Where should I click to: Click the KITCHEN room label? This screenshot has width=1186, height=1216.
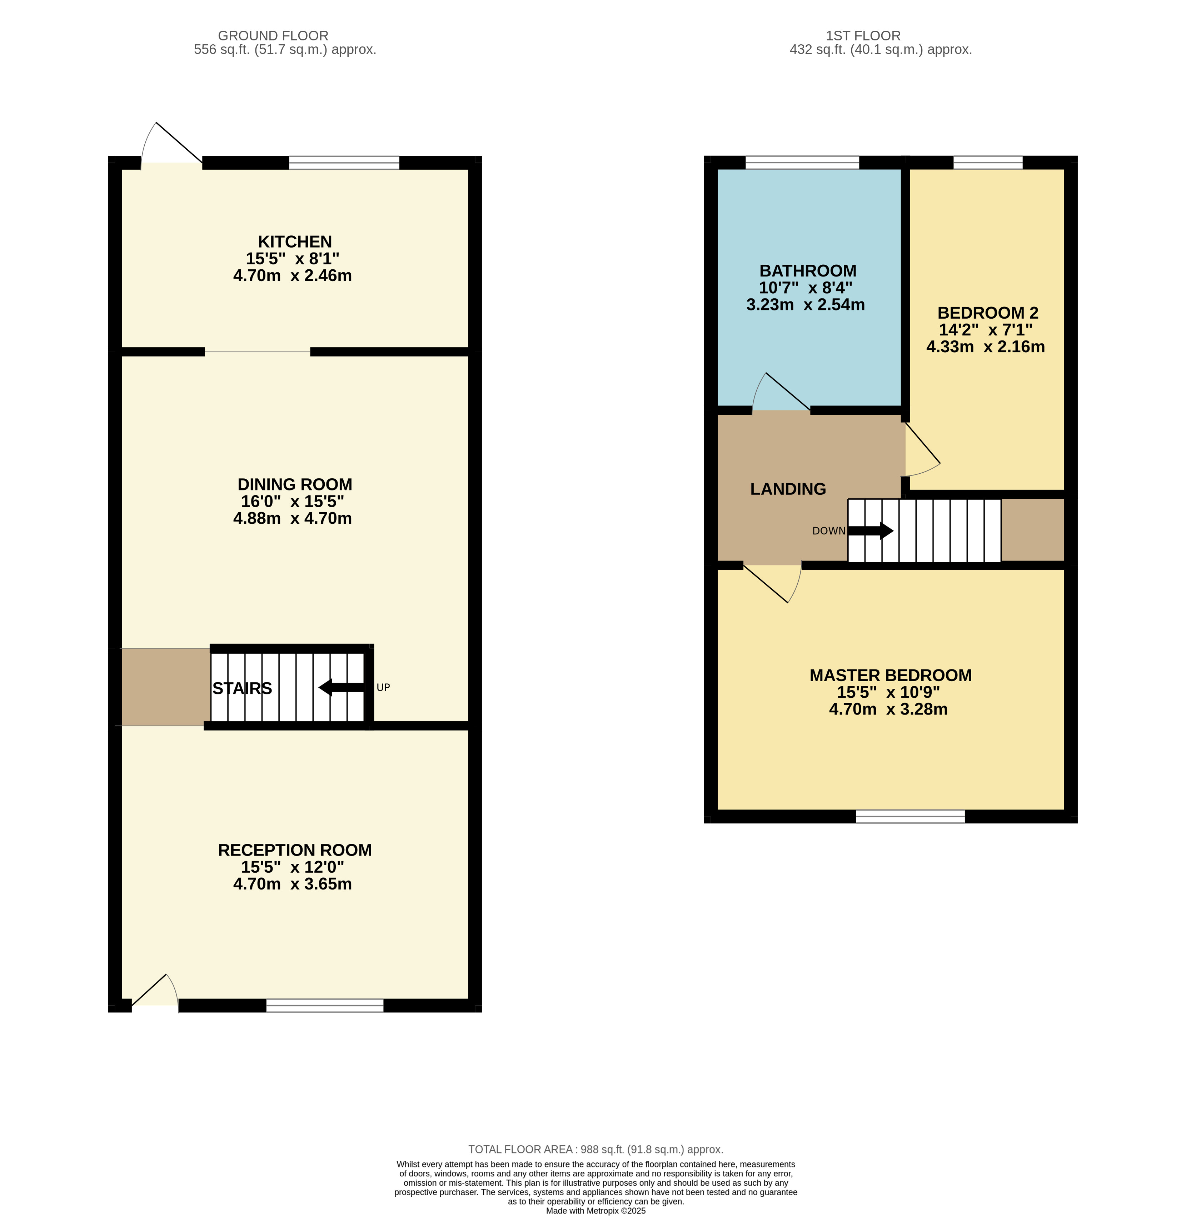(x=295, y=242)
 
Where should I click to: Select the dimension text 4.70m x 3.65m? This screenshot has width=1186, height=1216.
(x=292, y=884)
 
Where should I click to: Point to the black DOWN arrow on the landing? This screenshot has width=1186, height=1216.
(x=870, y=531)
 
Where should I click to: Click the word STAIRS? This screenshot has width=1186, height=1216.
(x=242, y=688)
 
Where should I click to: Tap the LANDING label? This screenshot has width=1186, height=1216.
(x=788, y=489)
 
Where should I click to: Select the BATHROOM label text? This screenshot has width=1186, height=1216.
(x=808, y=271)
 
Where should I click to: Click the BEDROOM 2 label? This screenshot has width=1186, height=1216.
(x=988, y=313)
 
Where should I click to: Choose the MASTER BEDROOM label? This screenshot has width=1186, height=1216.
(x=890, y=675)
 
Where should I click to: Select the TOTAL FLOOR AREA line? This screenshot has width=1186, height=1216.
(x=596, y=1149)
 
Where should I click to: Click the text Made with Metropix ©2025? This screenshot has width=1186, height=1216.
(x=596, y=1211)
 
